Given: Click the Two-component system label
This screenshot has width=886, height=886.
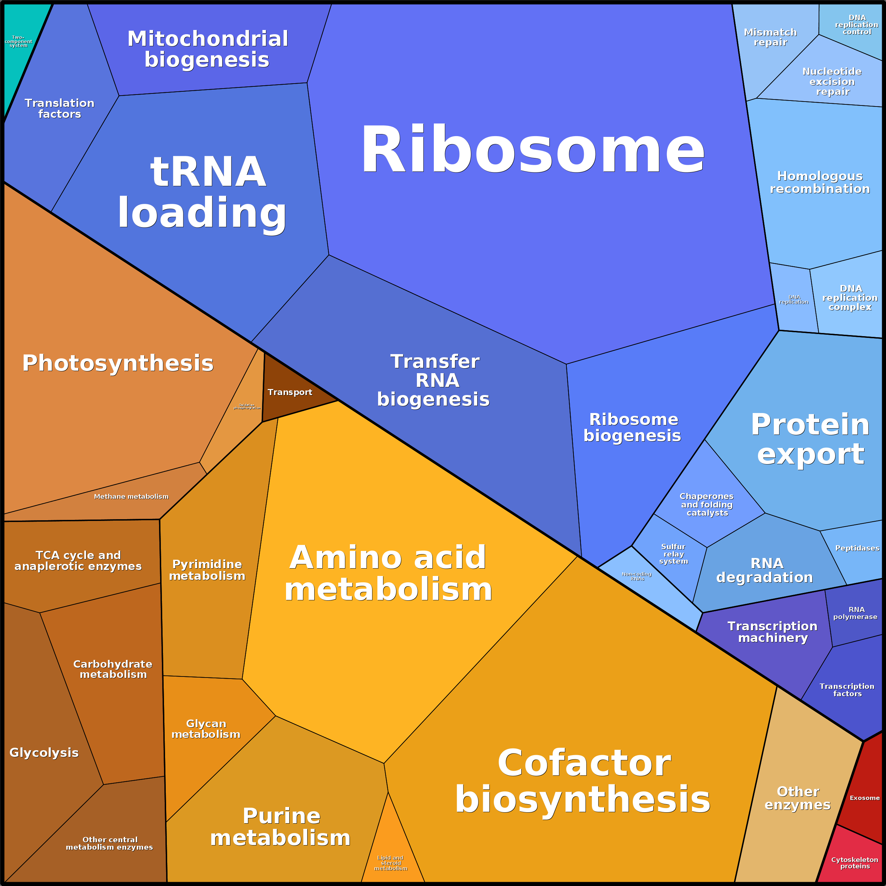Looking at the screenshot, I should tap(18, 41).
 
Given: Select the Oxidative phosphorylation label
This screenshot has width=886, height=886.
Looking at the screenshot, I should tap(247, 406).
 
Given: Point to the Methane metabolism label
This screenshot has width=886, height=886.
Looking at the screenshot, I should tap(131, 496).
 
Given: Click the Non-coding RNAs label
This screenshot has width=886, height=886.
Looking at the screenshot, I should tap(637, 576).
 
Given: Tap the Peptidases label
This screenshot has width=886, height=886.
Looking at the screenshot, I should tap(857, 548).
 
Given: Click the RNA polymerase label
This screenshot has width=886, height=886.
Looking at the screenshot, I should tap(856, 613).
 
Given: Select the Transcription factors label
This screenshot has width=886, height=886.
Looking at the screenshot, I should tap(847, 690).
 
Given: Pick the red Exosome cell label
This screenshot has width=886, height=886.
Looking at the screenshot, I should tap(864, 798).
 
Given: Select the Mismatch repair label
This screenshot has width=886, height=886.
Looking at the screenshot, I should tap(770, 37).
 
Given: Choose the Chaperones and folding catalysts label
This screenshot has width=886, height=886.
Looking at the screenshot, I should tap(707, 504).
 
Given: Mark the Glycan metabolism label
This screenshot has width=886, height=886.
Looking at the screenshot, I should tap(206, 729).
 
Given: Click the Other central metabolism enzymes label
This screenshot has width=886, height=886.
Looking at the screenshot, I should tap(110, 843).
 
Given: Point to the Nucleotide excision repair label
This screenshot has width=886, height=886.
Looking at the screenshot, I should tap(832, 81).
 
